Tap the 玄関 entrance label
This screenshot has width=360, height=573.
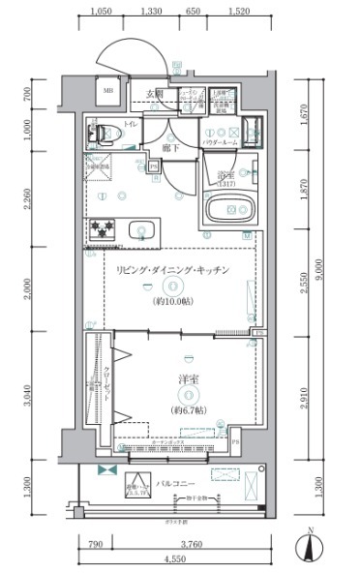pyautogui.click(x=154, y=93)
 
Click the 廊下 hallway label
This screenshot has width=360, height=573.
pyautogui.click(x=171, y=148)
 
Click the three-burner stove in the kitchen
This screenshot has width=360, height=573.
pyautogui.click(x=103, y=230)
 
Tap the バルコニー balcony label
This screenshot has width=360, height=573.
pyautogui.click(x=179, y=481)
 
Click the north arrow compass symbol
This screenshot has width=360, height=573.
pyautogui.click(x=310, y=546)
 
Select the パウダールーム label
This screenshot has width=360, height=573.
pyautogui.click(x=222, y=142)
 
